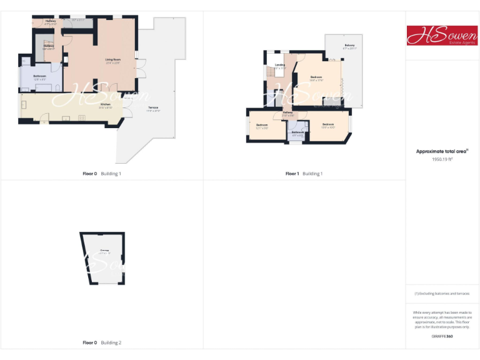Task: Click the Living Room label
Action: (112, 59)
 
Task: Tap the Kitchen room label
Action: (105, 104)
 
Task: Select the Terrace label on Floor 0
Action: (152, 108)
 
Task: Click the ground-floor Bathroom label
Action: (40, 76)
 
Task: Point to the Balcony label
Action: (350, 46)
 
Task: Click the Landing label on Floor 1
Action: (279, 64)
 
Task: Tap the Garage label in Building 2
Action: (104, 251)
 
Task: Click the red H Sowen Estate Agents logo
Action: (442, 35)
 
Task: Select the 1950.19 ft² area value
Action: (442, 159)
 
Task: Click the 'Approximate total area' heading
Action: (442, 151)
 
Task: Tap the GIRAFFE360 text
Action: (442, 336)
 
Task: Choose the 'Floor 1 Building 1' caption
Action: (304, 173)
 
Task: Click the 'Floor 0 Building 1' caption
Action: (102, 173)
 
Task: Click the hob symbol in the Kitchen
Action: (82, 117)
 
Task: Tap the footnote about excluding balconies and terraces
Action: (442, 293)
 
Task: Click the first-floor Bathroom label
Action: (297, 132)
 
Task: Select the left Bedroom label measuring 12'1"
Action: (262, 125)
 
